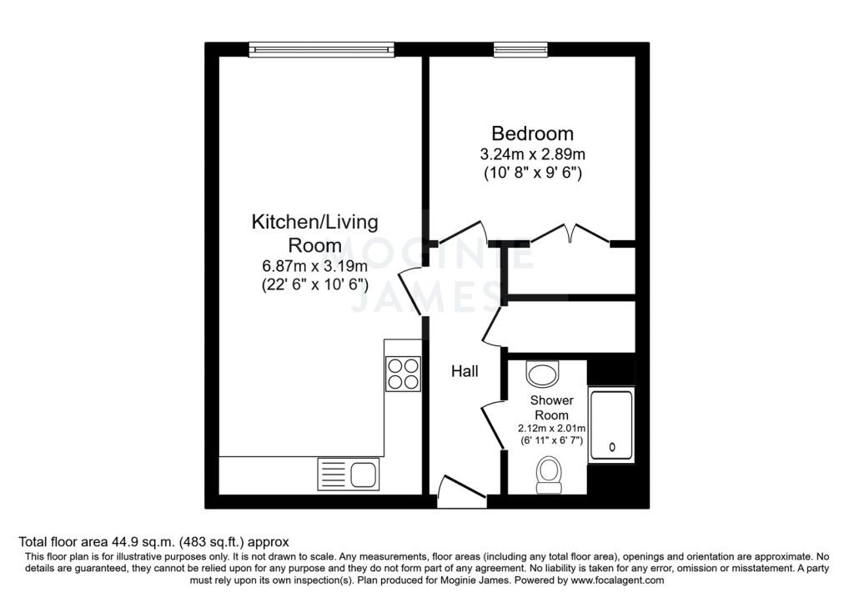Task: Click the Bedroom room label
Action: click(532, 133)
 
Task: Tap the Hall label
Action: click(465, 371)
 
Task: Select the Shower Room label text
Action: click(552, 408)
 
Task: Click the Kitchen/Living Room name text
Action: click(314, 234)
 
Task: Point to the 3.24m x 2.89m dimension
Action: click(532, 155)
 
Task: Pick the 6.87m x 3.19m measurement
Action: click(314, 267)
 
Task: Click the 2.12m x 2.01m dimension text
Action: click(551, 430)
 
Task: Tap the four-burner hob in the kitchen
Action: click(403, 373)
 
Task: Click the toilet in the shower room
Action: click(548, 471)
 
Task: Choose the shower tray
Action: click(611, 425)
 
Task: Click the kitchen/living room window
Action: click(320, 50)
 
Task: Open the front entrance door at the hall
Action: click(461, 491)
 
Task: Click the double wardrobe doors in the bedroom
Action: click(570, 234)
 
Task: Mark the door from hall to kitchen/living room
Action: click(412, 292)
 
